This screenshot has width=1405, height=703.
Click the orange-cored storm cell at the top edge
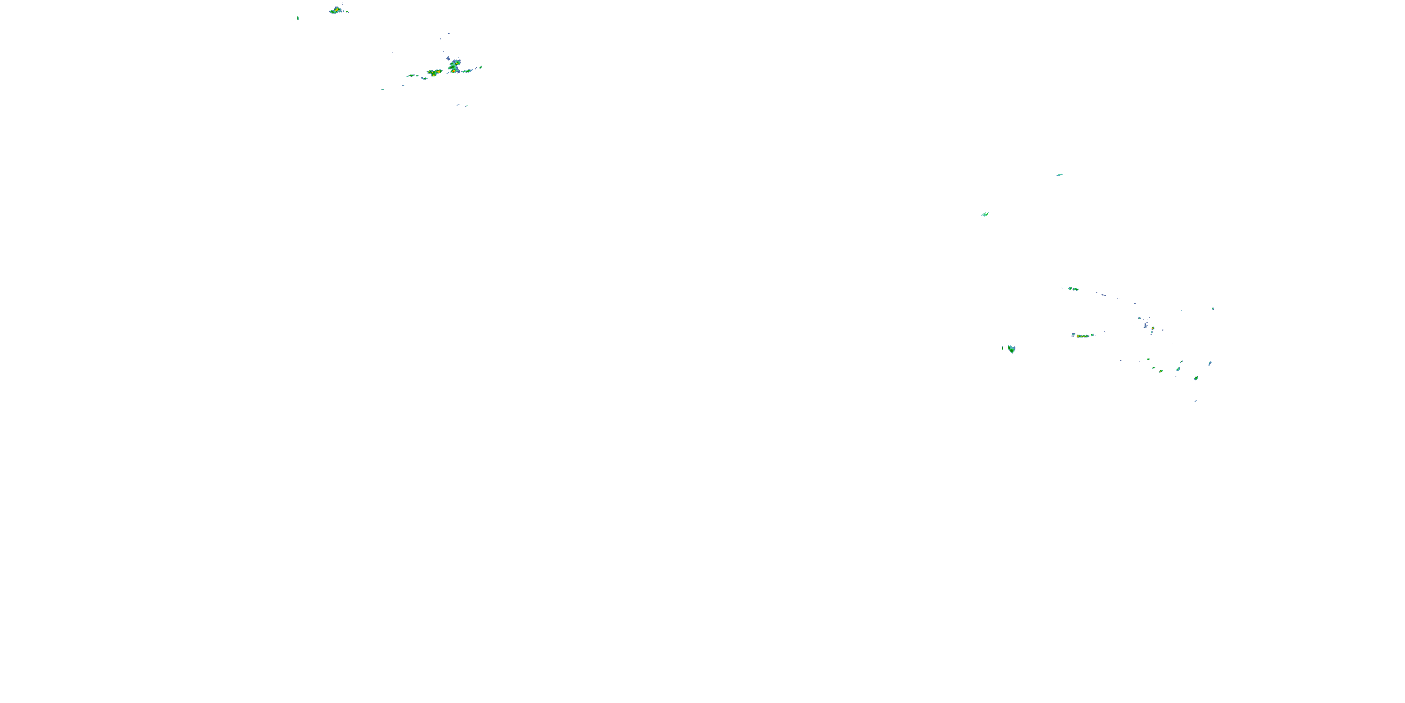(x=335, y=10)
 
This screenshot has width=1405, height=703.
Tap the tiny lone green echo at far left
(x=298, y=18)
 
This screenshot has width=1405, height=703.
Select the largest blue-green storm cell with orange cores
(x=454, y=67)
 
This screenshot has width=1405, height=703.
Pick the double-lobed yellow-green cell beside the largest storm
(x=434, y=72)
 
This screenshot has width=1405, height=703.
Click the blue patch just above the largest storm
(x=448, y=58)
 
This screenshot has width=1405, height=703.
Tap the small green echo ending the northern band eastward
(x=481, y=67)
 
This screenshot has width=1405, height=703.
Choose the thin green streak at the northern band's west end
(x=412, y=75)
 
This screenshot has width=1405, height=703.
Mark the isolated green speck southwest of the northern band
(x=383, y=90)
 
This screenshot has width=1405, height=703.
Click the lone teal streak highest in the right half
(x=1059, y=175)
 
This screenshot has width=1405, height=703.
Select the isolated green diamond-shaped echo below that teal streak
(x=985, y=215)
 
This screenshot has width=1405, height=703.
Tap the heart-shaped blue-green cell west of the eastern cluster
(x=1012, y=349)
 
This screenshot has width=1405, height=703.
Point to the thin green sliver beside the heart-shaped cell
(x=1003, y=348)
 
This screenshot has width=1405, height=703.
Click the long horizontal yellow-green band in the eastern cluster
(x=1083, y=336)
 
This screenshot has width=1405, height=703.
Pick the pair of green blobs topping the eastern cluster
(x=1073, y=289)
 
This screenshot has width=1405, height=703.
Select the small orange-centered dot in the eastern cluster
(x=1153, y=328)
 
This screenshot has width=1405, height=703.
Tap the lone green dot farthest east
(x=1213, y=308)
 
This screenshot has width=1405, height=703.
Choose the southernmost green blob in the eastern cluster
(x=1196, y=378)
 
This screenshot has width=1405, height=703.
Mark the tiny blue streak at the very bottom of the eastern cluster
(x=1195, y=401)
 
